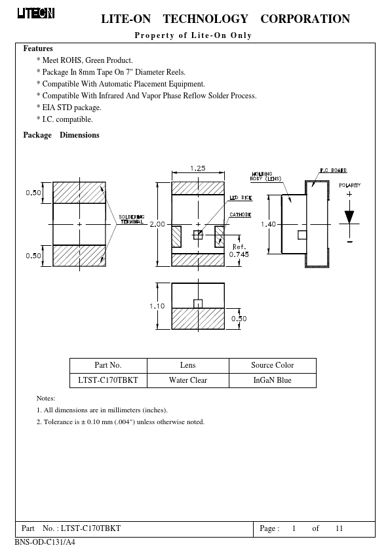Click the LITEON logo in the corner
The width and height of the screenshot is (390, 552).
[x=36, y=13]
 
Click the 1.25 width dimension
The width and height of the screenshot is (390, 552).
[x=198, y=168]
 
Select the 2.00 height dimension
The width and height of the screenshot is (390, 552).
[x=157, y=224]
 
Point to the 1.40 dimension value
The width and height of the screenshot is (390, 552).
[x=268, y=224]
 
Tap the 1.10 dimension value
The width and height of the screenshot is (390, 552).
[x=157, y=306]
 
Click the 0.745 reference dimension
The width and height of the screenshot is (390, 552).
[x=239, y=254]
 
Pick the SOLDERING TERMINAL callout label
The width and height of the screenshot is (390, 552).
[x=131, y=220]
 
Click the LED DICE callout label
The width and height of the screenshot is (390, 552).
[x=241, y=198]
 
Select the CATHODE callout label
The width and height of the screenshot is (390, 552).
[x=241, y=214]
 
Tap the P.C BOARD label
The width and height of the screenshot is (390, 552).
[x=334, y=170]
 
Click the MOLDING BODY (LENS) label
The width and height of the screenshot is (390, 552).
[x=265, y=176]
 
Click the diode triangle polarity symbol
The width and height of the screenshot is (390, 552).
[x=349, y=217]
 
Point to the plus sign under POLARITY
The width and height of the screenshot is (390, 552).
[x=349, y=194]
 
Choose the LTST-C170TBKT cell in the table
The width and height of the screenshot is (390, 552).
[x=108, y=380]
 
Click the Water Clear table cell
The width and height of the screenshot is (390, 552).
[x=188, y=380]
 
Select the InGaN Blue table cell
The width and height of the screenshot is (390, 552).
[x=273, y=380]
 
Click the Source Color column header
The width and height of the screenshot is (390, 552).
[x=273, y=365]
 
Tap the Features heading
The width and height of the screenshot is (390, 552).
[x=38, y=49]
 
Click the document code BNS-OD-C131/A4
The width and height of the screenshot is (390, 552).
[x=45, y=542]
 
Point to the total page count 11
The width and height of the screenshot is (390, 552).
[x=339, y=528]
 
